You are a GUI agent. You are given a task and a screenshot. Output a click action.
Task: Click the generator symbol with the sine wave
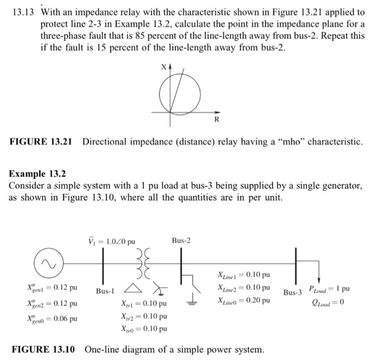click(49, 264)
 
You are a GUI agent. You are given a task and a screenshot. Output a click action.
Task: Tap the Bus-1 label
click(105, 291)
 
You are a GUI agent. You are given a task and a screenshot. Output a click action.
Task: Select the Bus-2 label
click(181, 241)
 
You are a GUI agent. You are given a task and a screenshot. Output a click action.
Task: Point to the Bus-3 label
click(293, 293)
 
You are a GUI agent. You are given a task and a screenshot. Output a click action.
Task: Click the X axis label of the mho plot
click(164, 67)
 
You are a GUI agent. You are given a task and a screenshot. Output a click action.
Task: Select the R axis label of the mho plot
click(217, 120)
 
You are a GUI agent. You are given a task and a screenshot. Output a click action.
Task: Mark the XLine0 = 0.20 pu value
click(243, 301)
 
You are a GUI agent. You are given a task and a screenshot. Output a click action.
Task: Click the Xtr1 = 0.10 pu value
click(144, 304)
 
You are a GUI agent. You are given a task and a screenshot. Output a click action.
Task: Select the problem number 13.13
click(23, 12)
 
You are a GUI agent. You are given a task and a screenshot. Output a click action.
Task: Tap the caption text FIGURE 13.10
click(43, 349)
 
